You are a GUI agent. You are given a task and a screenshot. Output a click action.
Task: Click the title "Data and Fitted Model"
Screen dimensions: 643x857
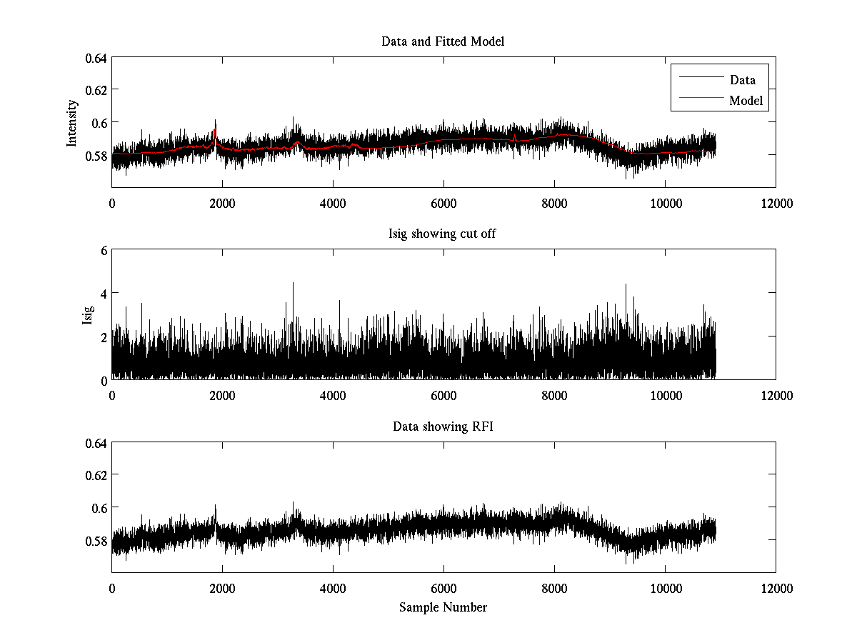point(443,41)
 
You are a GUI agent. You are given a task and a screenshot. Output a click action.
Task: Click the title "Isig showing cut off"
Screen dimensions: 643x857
point(443,234)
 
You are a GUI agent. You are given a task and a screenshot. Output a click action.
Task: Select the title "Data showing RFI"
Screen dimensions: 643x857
point(443,427)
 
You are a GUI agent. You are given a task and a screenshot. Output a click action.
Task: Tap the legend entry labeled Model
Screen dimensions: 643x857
point(746,101)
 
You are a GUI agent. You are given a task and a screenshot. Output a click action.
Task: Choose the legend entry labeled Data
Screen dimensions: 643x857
point(742,80)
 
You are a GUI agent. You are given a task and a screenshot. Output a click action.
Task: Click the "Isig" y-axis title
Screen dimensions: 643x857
point(87,315)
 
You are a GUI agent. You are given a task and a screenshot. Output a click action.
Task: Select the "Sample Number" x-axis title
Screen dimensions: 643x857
point(443,607)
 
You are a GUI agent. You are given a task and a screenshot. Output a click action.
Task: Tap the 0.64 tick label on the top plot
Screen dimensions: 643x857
point(96,58)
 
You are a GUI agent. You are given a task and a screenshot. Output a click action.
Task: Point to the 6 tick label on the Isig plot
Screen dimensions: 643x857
point(103,251)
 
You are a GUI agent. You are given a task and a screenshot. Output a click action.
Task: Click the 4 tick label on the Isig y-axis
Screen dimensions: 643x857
point(103,294)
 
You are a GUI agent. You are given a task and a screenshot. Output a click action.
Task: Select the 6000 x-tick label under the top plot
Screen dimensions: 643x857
point(443,203)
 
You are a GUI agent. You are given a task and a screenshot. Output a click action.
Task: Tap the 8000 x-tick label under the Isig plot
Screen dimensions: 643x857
point(554,395)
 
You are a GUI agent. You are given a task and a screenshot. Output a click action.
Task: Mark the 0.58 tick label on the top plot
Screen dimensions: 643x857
point(96,155)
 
